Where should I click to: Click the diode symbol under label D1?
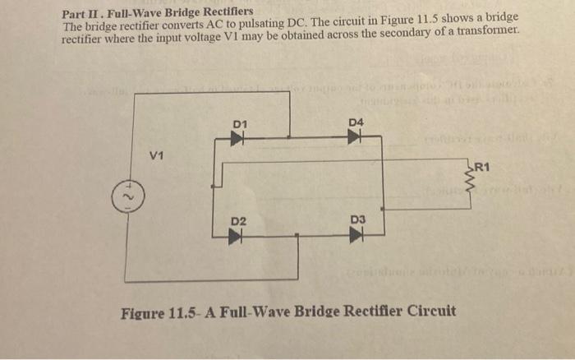click(238, 138)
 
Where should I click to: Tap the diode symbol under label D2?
click(238, 237)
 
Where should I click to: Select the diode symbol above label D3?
click(356, 236)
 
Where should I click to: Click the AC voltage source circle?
click(125, 198)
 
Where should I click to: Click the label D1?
click(239, 124)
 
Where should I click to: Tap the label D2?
click(238, 222)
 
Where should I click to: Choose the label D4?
click(356, 122)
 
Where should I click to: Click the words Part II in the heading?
click(81, 13)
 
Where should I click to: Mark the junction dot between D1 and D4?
click(290, 137)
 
